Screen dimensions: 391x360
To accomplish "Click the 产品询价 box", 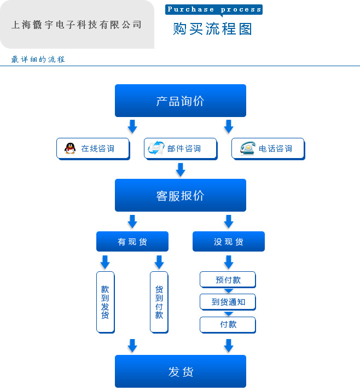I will (x=180, y=101).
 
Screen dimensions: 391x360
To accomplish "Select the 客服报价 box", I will (x=180, y=195).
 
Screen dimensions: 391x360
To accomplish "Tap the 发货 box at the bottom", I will (x=180, y=372).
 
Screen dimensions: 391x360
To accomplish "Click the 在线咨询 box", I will (x=92, y=148).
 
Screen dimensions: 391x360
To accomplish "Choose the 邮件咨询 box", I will (x=180, y=148).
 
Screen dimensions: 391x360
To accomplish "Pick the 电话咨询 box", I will (x=268, y=148).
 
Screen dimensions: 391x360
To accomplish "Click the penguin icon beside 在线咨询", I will (x=70, y=148).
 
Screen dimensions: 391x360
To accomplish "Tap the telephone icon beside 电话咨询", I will (x=247, y=148).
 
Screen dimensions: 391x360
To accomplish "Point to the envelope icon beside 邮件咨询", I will (x=156, y=148).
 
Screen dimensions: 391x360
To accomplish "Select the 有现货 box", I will (x=132, y=241).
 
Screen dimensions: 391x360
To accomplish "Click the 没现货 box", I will (x=228, y=241).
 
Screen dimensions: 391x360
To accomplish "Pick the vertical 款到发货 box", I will (x=105, y=302).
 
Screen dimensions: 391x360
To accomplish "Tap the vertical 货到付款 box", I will (x=159, y=302).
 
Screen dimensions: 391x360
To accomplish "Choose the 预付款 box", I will (x=228, y=280).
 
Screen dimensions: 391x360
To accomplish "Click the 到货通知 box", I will (x=228, y=302).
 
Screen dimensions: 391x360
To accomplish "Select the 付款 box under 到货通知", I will (x=228, y=324).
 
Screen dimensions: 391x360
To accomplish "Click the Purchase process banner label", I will (x=214, y=9).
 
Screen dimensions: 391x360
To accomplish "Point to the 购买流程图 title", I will (x=212, y=28).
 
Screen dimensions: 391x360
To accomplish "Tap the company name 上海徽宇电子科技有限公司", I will (x=77, y=25).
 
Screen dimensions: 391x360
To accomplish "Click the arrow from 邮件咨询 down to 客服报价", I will (x=180, y=170).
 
